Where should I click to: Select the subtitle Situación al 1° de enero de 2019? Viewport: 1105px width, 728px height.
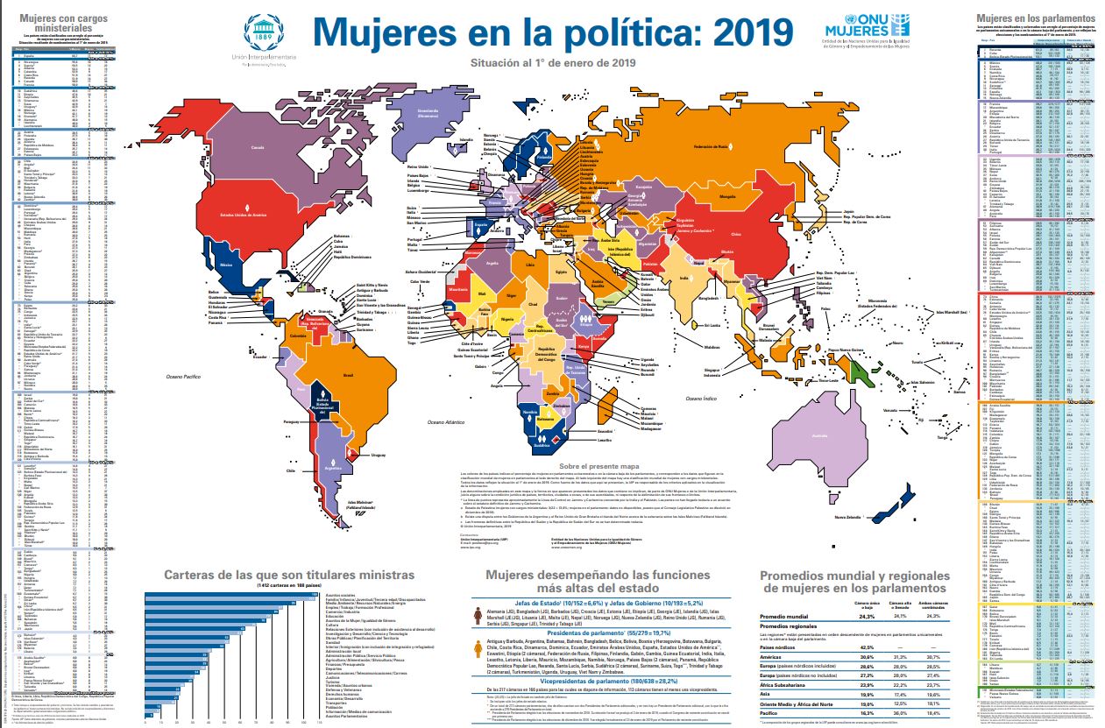click(x=552, y=62)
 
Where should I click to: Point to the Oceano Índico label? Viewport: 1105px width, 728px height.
click(x=702, y=399)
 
